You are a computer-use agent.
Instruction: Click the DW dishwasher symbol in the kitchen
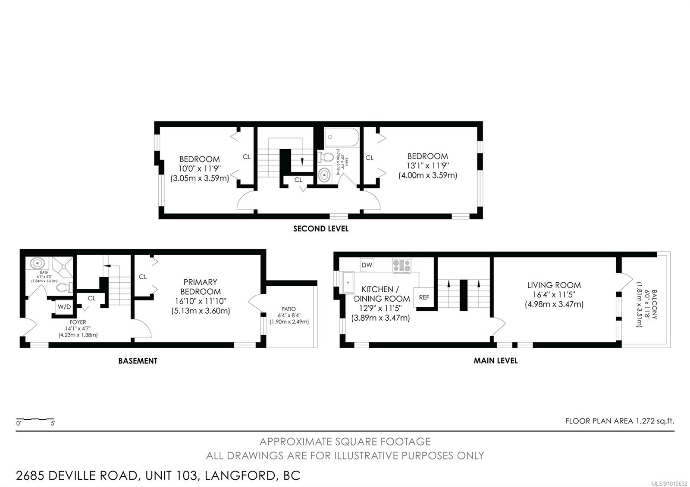click(x=367, y=265)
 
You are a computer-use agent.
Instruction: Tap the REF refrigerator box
click(x=423, y=297)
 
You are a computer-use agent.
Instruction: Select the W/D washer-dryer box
click(x=64, y=307)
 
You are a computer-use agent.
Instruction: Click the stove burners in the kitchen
click(x=401, y=265)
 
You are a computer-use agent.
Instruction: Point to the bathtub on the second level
click(x=342, y=137)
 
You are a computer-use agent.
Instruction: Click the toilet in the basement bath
click(x=64, y=287)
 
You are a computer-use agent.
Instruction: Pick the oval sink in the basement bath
click(x=37, y=263)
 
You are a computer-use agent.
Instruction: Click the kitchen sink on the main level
click(x=347, y=282)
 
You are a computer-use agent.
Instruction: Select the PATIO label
click(x=289, y=309)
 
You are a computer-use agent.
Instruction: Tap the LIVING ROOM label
click(x=554, y=285)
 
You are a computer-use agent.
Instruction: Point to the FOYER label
click(x=78, y=322)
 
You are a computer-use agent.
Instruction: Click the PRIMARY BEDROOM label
click(x=200, y=287)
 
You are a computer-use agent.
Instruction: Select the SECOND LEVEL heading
click(x=321, y=229)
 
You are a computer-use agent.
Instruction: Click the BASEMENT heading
click(x=138, y=361)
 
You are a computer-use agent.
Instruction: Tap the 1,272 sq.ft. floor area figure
click(x=655, y=421)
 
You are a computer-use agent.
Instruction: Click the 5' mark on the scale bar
click(x=53, y=423)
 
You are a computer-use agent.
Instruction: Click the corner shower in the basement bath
click(x=62, y=267)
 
